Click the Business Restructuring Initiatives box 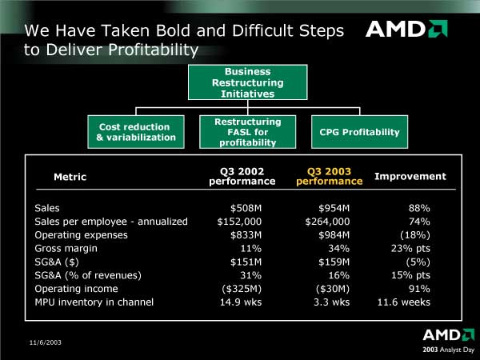(x=248, y=82)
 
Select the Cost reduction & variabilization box (x=136, y=132)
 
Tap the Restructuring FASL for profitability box (x=248, y=132)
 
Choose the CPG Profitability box (x=359, y=132)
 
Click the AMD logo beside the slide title (x=406, y=29)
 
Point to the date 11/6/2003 (x=46, y=342)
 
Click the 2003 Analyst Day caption (x=449, y=350)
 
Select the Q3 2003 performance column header (x=329, y=176)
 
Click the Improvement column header (x=410, y=176)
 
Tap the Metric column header (x=70, y=177)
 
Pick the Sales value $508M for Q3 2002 (x=246, y=208)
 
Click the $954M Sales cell (x=334, y=208)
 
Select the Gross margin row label (x=66, y=249)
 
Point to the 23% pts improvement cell (x=410, y=249)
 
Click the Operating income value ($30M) (x=333, y=289)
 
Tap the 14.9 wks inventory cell (x=241, y=302)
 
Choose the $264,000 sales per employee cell (x=327, y=222)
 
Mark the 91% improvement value (x=419, y=289)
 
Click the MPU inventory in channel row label (x=94, y=302)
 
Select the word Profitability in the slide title (x=154, y=50)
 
